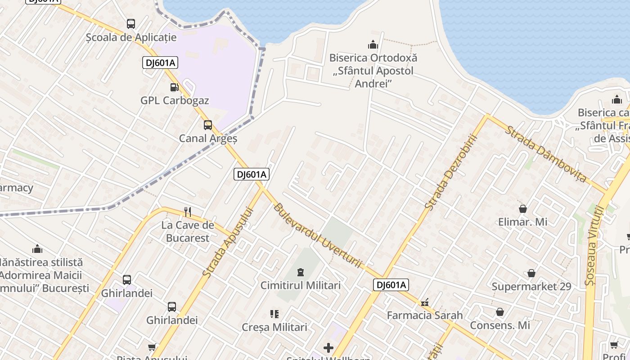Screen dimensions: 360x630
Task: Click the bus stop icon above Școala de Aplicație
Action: click(130, 24)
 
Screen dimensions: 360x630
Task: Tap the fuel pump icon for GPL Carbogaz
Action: click(174, 87)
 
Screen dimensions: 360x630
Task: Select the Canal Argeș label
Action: click(208, 138)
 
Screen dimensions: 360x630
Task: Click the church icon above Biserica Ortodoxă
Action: click(373, 45)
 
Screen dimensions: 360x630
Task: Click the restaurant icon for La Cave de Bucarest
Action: click(188, 211)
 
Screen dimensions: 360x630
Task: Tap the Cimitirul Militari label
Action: click(301, 285)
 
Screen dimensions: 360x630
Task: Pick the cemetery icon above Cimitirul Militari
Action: click(300, 272)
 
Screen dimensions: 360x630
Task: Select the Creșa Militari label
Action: click(274, 327)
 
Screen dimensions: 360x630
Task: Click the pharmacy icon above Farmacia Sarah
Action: click(424, 302)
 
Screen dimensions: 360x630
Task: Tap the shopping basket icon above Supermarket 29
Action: click(531, 273)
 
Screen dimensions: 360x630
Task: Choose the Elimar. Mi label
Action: click(522, 222)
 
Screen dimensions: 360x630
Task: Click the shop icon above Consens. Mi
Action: click(500, 312)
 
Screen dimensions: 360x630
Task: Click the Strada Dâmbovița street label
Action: click(546, 154)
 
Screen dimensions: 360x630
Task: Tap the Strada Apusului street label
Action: click(226, 242)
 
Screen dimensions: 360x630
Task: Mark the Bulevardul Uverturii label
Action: click(317, 235)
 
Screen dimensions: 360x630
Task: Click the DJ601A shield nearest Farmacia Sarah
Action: click(391, 284)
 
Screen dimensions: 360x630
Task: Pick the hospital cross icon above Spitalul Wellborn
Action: click(328, 347)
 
